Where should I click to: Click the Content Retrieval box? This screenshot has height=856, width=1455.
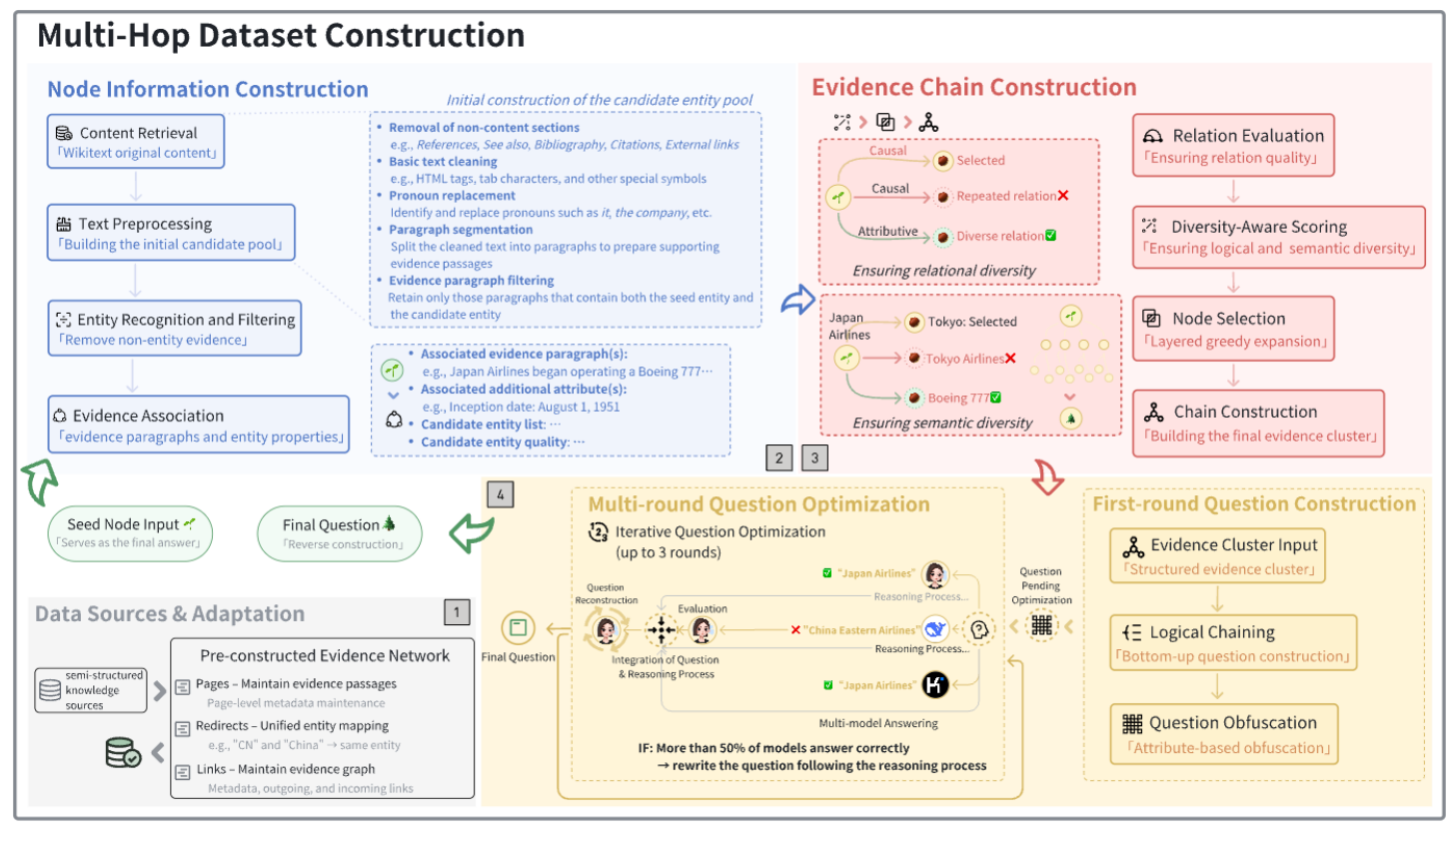point(135,141)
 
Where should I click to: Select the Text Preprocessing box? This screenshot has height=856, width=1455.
point(171,233)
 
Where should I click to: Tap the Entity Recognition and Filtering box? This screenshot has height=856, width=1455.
point(175,329)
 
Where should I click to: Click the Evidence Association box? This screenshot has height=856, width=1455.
point(199,425)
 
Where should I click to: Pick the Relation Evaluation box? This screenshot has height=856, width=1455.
point(1233,146)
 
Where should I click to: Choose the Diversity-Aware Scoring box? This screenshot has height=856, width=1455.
point(1278,238)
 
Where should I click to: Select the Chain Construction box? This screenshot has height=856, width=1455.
point(1258,424)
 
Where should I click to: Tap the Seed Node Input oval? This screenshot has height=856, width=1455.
point(130,533)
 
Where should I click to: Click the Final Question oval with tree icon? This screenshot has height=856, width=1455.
point(340,533)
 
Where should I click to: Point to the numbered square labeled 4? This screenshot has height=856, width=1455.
point(501,493)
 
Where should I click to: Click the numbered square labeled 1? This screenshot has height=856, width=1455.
point(457,612)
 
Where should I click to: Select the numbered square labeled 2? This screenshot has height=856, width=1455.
point(779,458)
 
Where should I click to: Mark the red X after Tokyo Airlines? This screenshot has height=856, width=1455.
point(1010,359)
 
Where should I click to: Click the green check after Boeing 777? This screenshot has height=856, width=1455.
point(995,398)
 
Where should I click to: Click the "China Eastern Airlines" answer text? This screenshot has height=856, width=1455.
point(860,630)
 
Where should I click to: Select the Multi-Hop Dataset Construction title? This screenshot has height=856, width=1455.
point(281,36)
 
